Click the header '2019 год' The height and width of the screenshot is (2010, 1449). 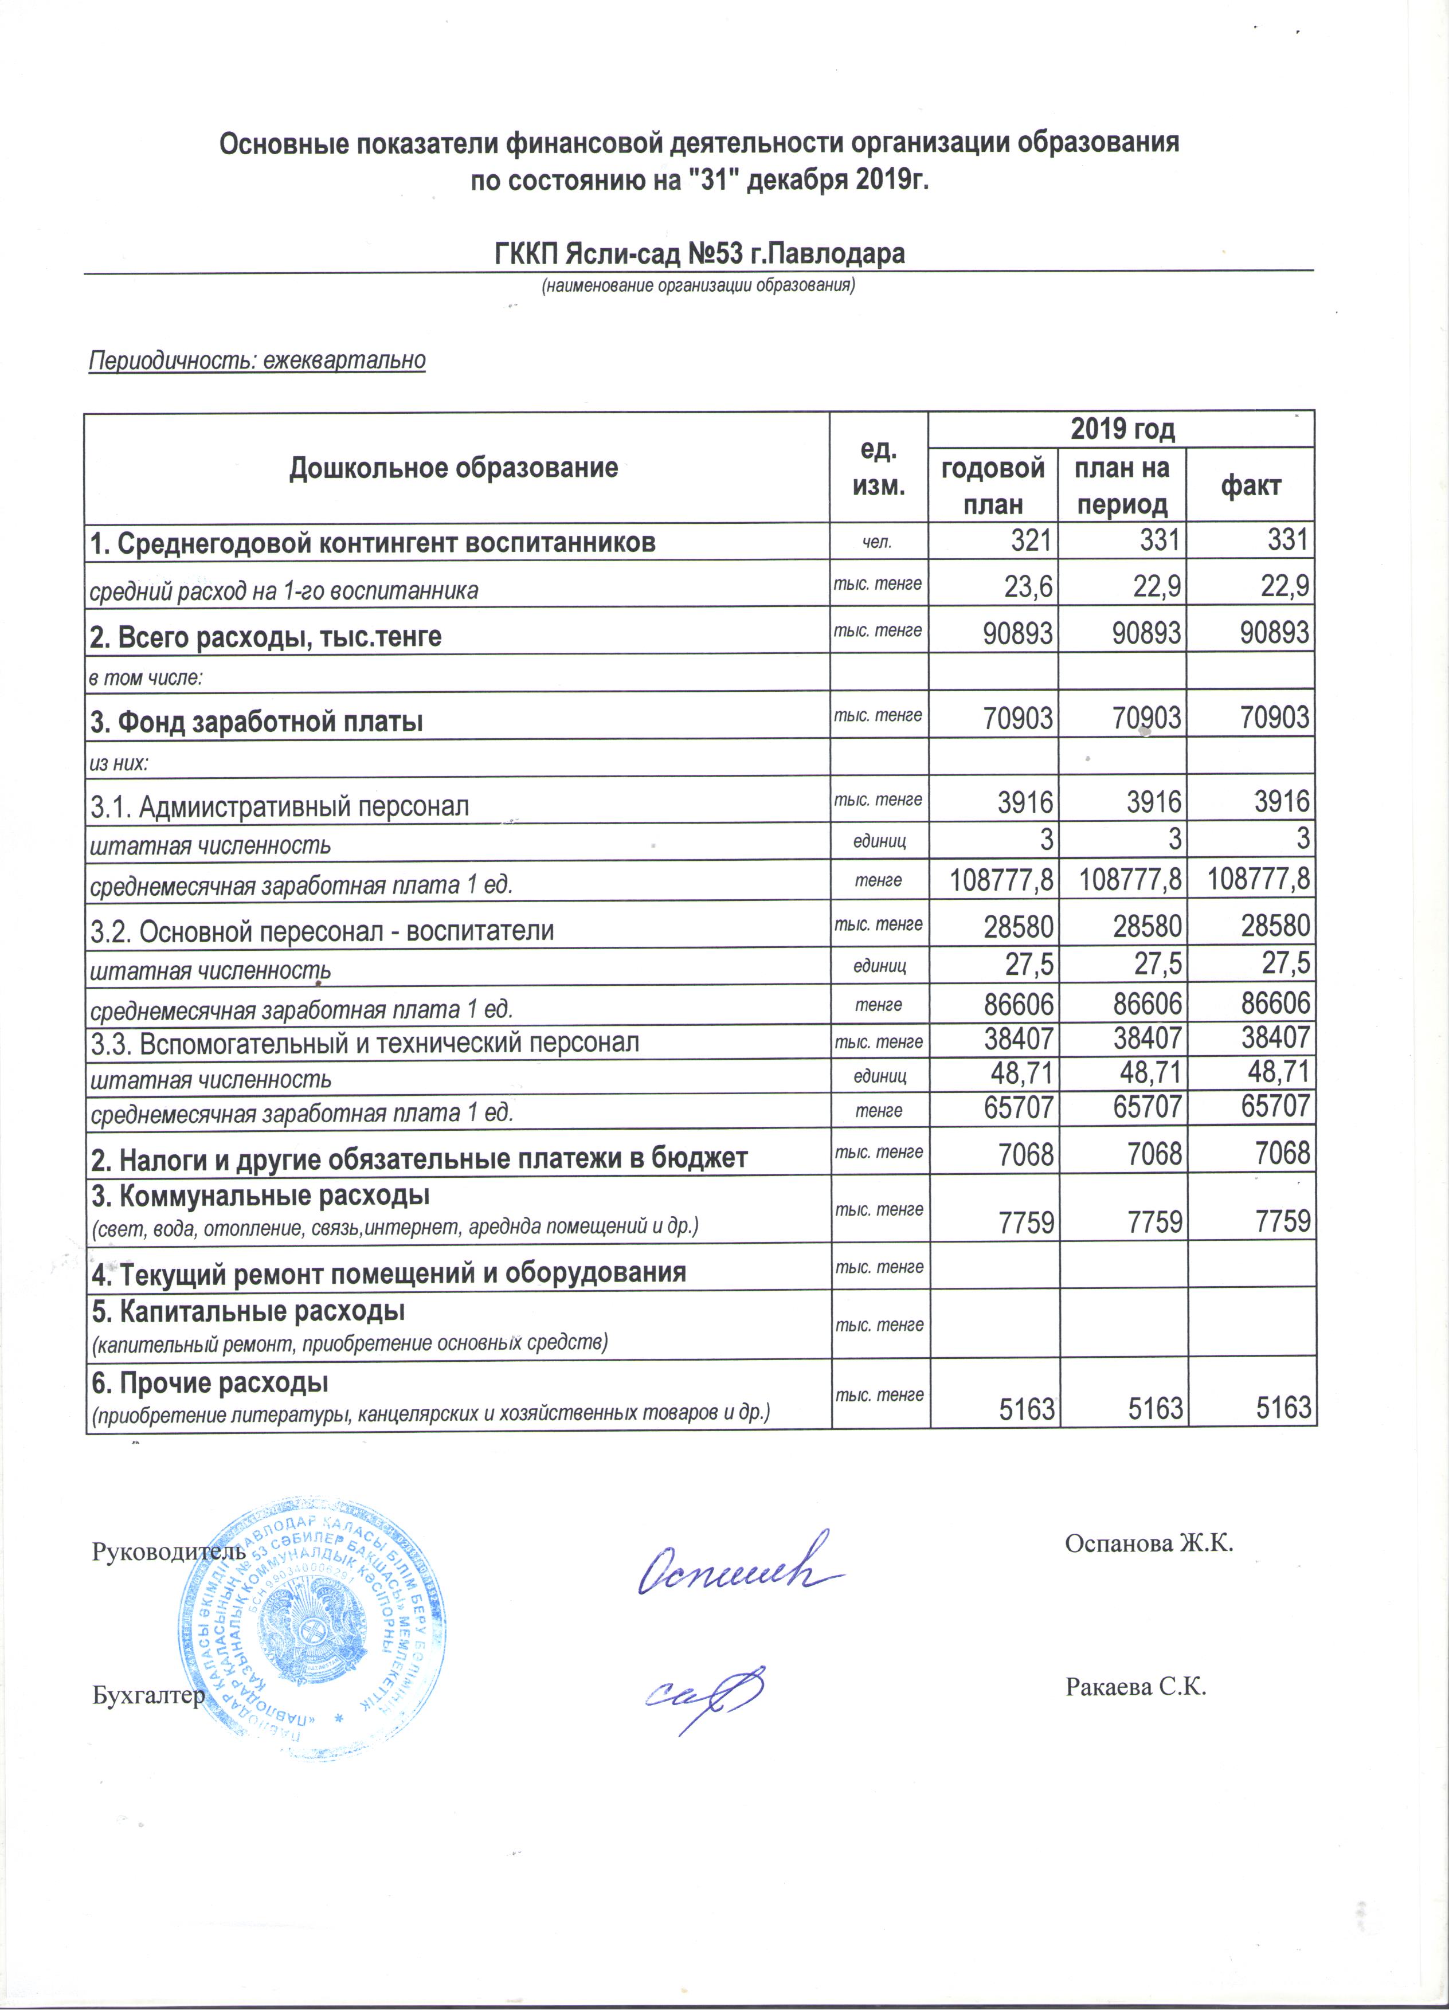[x=1122, y=430]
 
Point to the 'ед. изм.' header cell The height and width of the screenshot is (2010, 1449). [x=878, y=467]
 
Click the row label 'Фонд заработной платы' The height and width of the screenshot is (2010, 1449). [x=256, y=722]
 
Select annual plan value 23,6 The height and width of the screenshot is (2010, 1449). [x=1028, y=587]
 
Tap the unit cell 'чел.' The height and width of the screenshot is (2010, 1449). [x=878, y=542]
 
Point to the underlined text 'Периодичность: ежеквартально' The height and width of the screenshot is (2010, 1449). [x=257, y=361]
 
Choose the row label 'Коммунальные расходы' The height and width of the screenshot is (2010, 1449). [x=261, y=1196]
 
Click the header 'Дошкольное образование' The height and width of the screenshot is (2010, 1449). [x=454, y=467]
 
